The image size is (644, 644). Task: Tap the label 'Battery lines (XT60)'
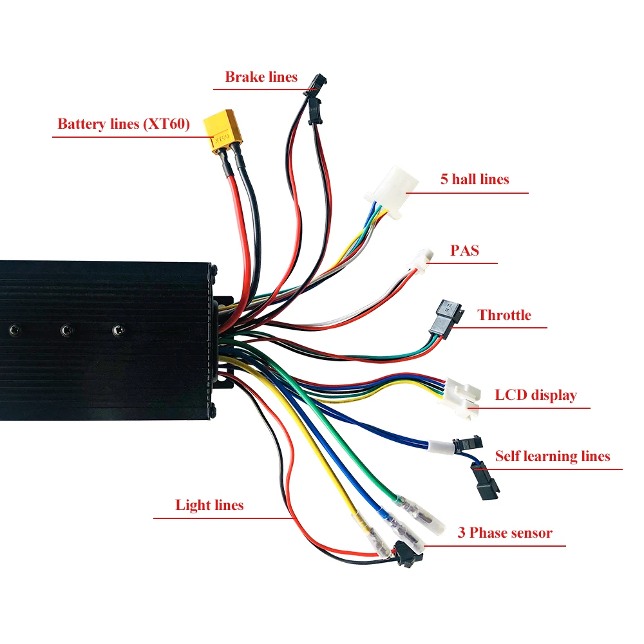click(x=124, y=124)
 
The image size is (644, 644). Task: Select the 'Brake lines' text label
click(x=261, y=77)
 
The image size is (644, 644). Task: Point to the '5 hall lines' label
click(x=475, y=179)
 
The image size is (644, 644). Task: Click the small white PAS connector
click(x=422, y=258)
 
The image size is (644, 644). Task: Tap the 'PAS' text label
click(x=465, y=250)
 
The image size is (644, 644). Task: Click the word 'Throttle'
click(x=504, y=315)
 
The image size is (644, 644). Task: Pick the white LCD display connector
click(x=462, y=395)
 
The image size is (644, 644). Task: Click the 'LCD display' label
click(x=536, y=395)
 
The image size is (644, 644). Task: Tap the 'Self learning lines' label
click(x=552, y=457)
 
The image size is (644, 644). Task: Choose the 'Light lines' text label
click(x=209, y=505)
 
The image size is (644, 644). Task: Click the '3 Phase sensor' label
click(x=505, y=533)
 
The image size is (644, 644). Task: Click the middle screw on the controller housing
click(x=65, y=330)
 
